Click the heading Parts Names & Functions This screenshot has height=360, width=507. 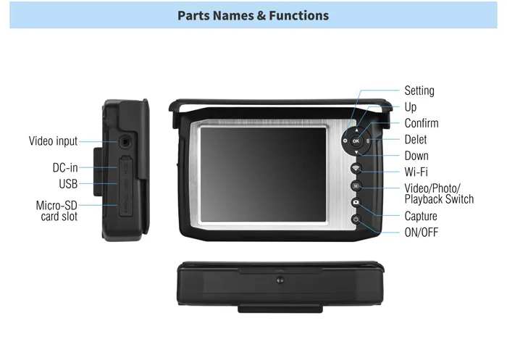click(x=253, y=15)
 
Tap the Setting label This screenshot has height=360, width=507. click(x=419, y=91)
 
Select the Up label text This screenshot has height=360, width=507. click(x=411, y=107)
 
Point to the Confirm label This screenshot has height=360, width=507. click(x=422, y=123)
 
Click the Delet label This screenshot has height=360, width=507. click(x=416, y=139)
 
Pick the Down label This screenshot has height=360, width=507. click(x=416, y=155)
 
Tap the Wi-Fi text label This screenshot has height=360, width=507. click(x=416, y=172)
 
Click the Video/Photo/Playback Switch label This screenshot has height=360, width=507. click(x=439, y=193)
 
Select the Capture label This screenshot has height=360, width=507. click(x=421, y=216)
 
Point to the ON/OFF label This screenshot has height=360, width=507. click(x=422, y=233)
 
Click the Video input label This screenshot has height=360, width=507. click(x=53, y=141)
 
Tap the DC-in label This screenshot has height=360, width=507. click(x=65, y=168)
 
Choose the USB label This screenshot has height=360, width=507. click(x=68, y=184)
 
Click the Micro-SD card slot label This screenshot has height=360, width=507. click(x=56, y=210)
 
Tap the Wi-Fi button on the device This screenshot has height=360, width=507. click(x=356, y=169)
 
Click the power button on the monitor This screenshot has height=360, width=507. click(x=356, y=219)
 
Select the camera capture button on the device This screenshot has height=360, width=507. click(x=356, y=203)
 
